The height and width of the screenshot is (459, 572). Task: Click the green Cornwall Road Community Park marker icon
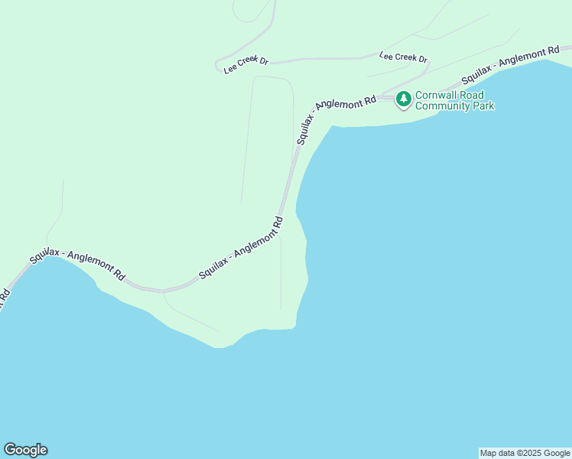pos(403,99)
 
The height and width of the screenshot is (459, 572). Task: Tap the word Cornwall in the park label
pos(434,96)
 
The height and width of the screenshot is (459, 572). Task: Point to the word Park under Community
pos(483,106)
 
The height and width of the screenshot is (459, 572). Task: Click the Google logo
pos(25,450)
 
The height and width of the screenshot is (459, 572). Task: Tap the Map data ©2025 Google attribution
pos(525,453)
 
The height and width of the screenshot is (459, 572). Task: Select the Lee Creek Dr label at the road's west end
pos(245,65)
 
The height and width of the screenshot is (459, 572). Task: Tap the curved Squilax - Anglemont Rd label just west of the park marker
pos(334,116)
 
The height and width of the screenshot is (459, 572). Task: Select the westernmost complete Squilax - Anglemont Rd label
pos(77,264)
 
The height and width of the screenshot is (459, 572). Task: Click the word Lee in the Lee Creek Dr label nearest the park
pos(387,55)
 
